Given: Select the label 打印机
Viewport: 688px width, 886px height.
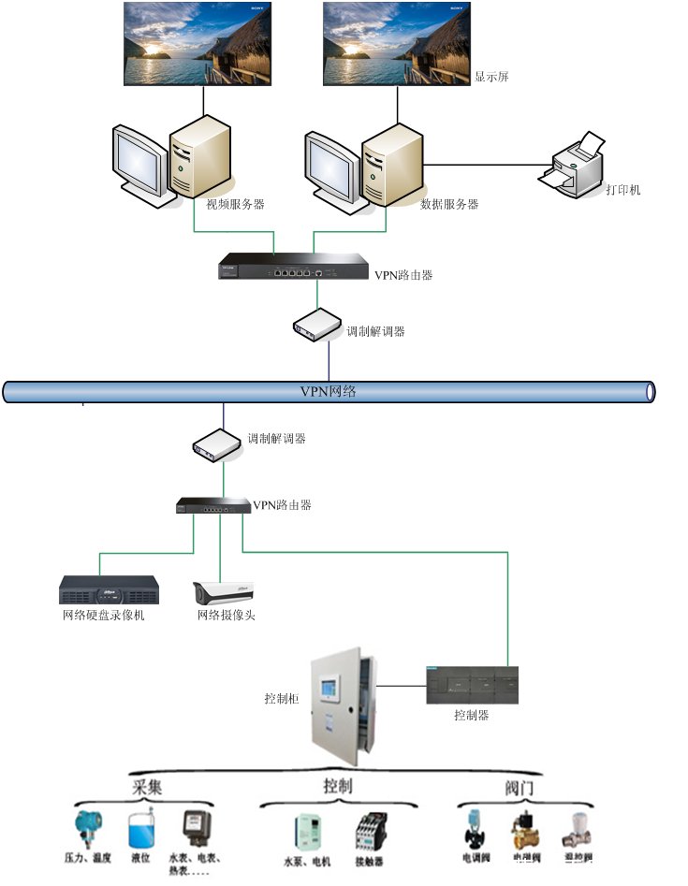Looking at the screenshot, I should [622, 190].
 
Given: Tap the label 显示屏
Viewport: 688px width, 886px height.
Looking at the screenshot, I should [491, 78].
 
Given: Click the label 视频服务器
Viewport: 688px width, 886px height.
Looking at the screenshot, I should [235, 203].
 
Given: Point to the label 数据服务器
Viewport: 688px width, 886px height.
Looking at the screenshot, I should [449, 203].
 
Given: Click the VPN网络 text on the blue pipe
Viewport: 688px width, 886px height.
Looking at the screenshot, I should [328, 391].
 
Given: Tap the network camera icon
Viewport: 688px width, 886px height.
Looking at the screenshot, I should [223, 592].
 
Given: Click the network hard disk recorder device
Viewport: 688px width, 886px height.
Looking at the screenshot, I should [109, 589].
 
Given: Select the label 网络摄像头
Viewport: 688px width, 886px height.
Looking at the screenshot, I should [226, 615].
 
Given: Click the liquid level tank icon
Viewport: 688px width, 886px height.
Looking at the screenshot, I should [140, 830].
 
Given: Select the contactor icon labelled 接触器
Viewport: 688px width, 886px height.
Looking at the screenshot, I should [370, 831].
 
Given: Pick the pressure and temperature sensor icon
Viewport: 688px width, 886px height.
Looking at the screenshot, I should [88, 830].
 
